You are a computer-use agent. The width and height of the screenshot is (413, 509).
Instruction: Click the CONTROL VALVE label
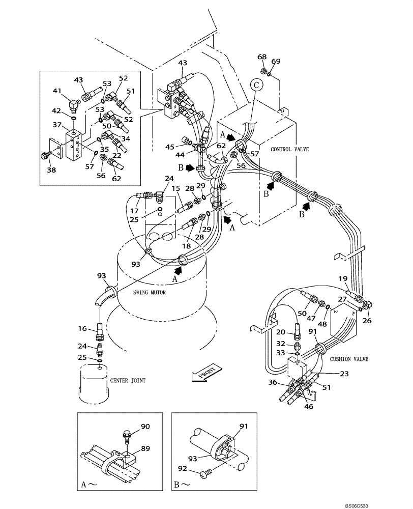[x=288, y=149]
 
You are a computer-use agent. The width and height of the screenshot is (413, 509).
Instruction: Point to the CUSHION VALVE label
[x=350, y=359]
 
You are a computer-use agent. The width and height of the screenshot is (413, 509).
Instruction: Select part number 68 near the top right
[x=262, y=57]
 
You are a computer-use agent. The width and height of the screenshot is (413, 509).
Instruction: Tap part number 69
[x=275, y=62]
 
